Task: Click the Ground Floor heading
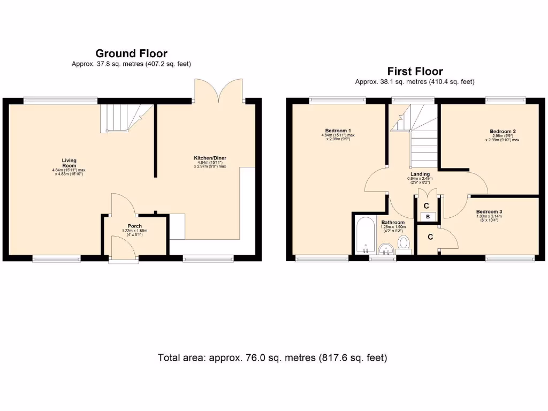tap(131, 54)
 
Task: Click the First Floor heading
tap(415, 71)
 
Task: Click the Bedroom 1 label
tap(338, 131)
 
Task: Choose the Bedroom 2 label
tap(503, 131)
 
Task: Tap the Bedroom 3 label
tap(489, 211)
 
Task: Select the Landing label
tap(420, 174)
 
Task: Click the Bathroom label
tap(393, 222)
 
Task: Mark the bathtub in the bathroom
tap(365, 236)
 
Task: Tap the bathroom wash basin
tap(386, 249)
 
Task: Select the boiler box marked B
tap(427, 217)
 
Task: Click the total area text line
tap(272, 357)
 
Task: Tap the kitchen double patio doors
tap(219, 91)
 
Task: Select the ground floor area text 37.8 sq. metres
tap(131, 64)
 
